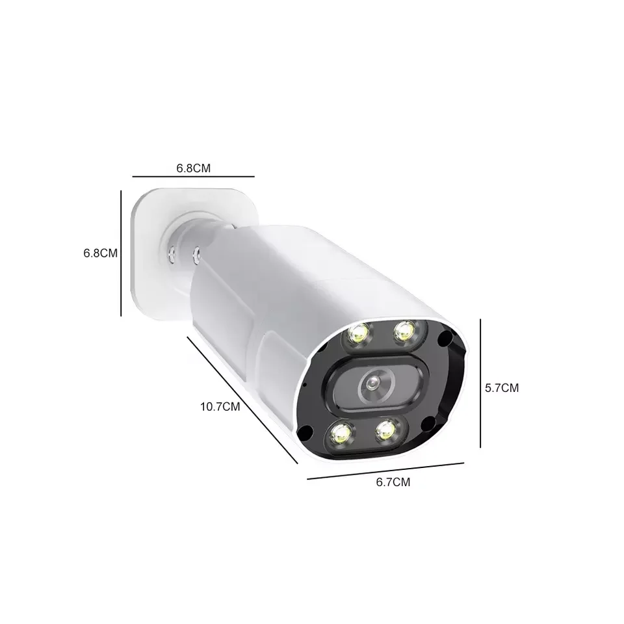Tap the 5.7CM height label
502,388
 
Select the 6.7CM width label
393,482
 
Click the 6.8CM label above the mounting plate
193,168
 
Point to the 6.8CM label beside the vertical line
100,253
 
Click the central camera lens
372,384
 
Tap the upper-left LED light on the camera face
358,334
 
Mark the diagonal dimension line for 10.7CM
242,400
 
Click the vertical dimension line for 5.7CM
480,383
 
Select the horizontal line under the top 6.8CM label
193,176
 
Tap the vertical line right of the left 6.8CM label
122,253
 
